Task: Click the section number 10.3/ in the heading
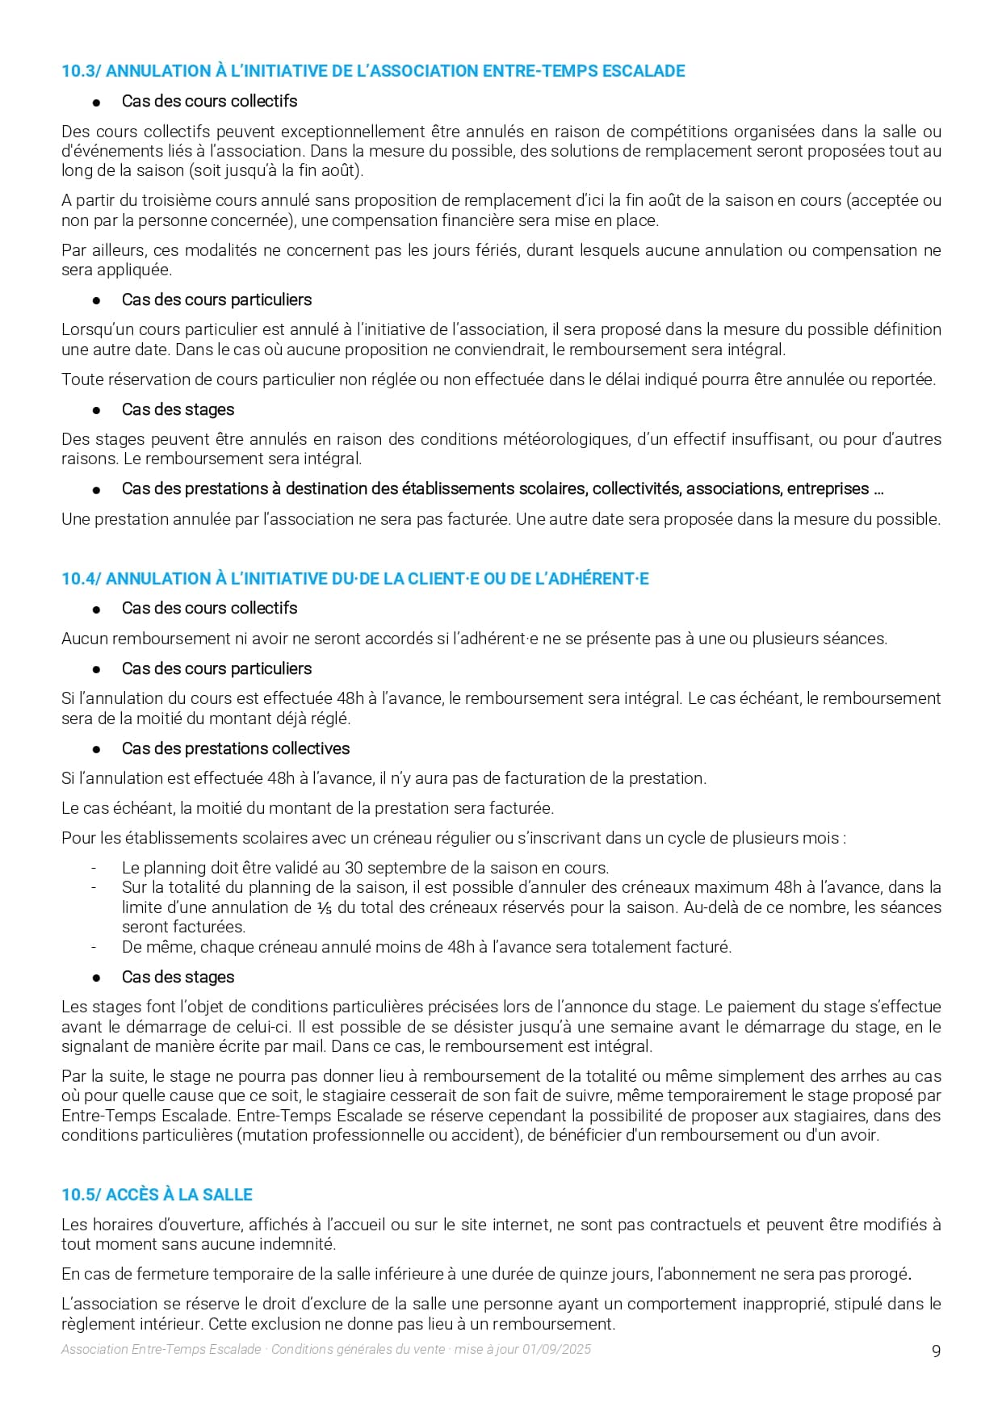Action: point(81,71)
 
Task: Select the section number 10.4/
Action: point(81,579)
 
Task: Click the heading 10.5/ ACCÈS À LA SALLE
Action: point(157,1195)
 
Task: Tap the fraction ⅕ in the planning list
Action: point(325,907)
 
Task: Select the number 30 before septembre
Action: point(354,868)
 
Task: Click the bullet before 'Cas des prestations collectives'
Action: point(97,749)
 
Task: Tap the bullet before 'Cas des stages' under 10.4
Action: point(97,978)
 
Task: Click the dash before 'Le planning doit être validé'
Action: point(94,868)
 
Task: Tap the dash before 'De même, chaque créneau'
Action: point(94,947)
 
